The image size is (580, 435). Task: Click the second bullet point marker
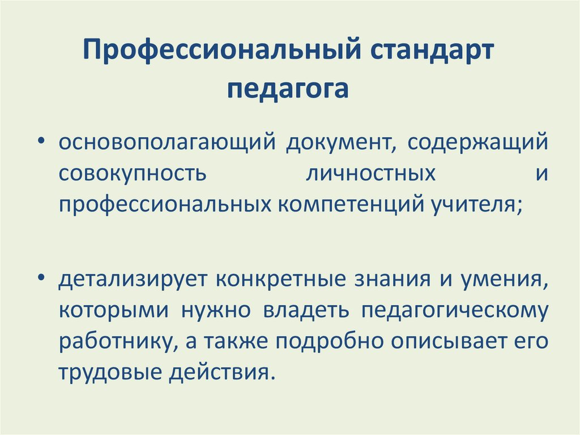[x=42, y=280]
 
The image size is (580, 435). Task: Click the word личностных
[x=370, y=173]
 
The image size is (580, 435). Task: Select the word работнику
[x=112, y=343]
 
